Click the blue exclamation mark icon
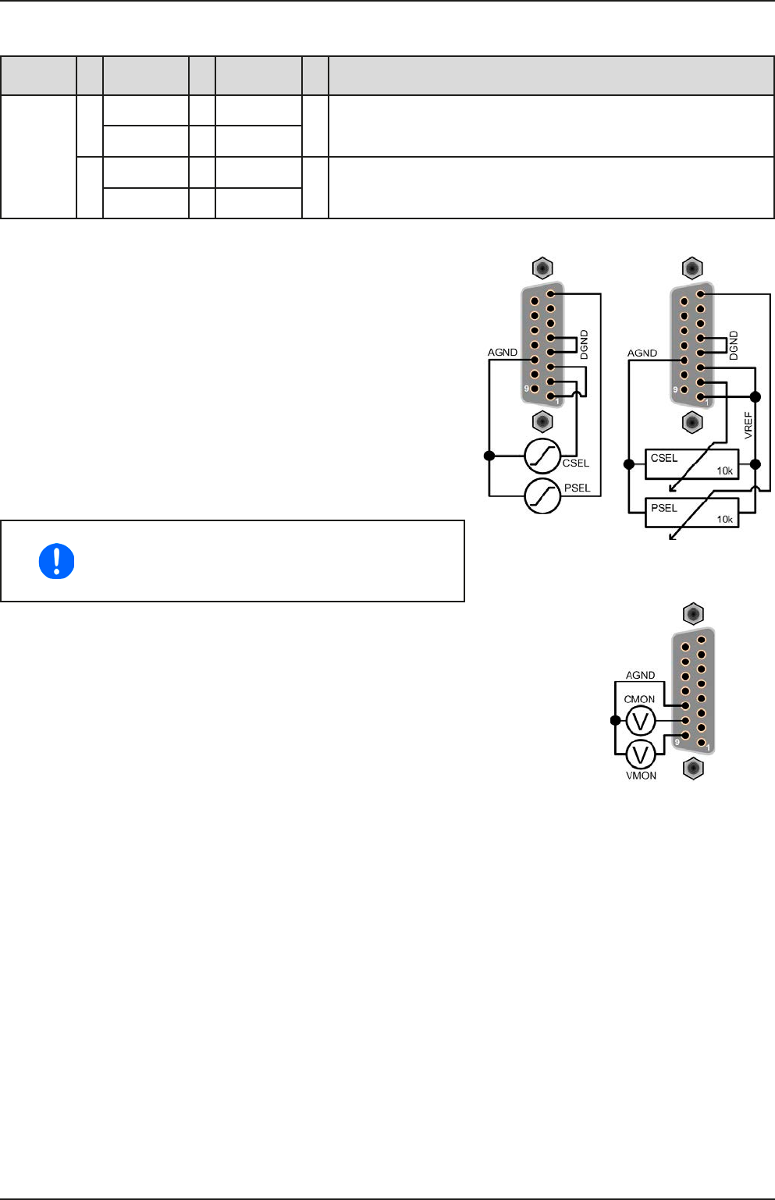(x=56, y=561)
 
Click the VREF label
(x=748, y=425)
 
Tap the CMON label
(x=639, y=699)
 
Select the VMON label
(x=641, y=776)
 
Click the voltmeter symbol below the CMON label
(x=641, y=721)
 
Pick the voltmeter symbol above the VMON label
(x=641, y=754)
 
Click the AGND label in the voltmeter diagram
(x=640, y=675)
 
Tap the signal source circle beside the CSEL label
(x=542, y=456)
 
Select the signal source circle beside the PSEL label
(x=542, y=496)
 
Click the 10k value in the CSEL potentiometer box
(x=724, y=471)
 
